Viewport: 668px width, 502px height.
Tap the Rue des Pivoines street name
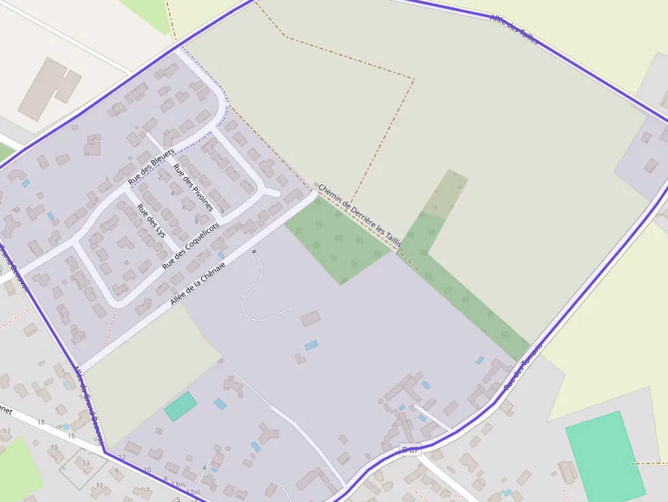point(193,187)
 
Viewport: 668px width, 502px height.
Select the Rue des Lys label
point(151,220)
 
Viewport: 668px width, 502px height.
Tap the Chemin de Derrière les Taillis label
point(360,215)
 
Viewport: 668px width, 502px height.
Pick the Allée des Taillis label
point(514,29)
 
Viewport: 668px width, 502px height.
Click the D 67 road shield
point(411,450)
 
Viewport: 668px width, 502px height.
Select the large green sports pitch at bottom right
point(605,456)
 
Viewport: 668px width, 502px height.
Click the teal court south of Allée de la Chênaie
point(180,406)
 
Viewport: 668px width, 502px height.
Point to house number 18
point(41,422)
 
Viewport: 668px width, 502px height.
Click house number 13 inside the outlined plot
point(86,463)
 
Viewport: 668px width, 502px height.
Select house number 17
point(7,431)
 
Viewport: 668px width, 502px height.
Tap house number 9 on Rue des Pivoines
point(222,212)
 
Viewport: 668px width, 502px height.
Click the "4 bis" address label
point(193,491)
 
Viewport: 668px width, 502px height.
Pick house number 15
point(54,448)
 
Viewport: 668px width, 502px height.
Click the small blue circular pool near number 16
point(65,426)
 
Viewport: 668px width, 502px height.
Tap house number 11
point(100,485)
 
